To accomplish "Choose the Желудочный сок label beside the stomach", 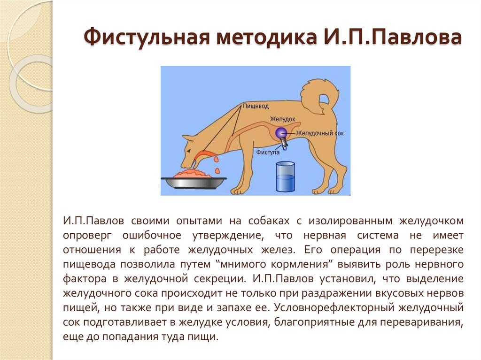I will (x=320, y=133).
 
